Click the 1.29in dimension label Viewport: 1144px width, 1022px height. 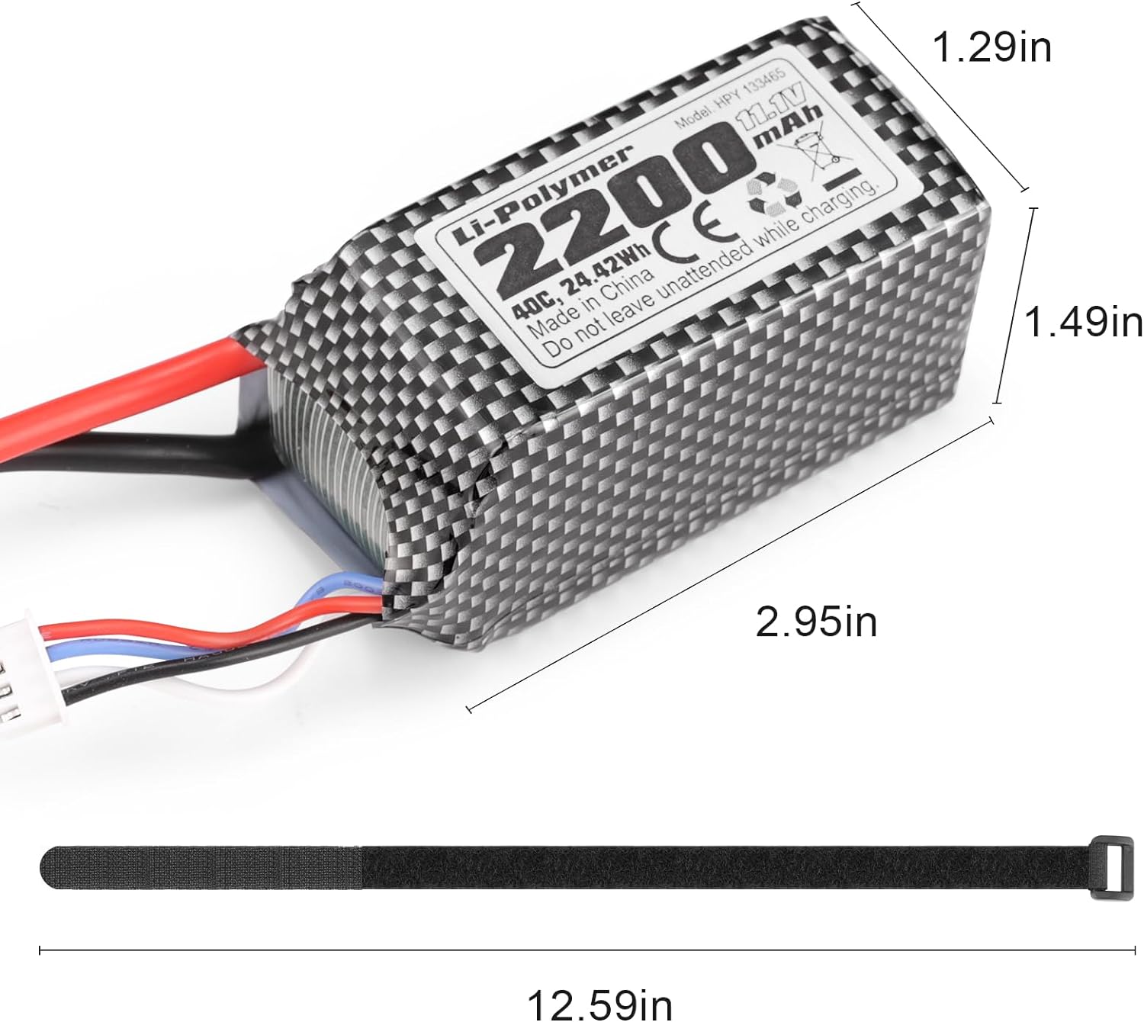pos(991,47)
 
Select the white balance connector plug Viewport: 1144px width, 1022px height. pos(23,675)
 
